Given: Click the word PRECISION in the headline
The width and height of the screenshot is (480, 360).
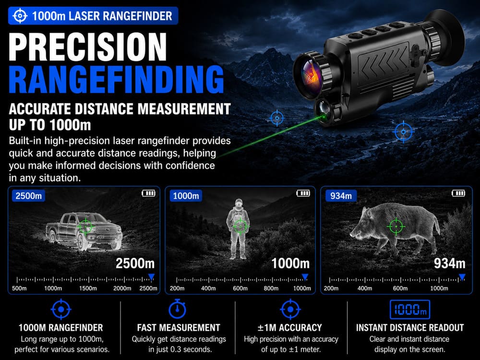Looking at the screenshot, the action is [88, 47].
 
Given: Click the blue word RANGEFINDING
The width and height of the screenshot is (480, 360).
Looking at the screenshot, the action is [116, 79].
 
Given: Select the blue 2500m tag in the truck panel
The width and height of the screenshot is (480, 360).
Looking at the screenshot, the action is [28, 196].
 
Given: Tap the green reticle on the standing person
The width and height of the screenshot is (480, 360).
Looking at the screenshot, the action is [240, 226].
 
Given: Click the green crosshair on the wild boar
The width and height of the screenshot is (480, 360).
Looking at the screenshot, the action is [396, 227].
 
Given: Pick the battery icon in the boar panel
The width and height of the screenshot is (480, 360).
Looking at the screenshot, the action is [458, 193].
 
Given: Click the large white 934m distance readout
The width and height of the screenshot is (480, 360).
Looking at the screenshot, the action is [449, 264].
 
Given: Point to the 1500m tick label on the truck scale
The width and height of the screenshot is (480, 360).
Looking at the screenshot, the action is [88, 288].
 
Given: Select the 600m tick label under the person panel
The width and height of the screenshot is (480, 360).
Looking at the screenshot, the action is [240, 288].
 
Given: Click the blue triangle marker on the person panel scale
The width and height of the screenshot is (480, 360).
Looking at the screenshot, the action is [305, 277].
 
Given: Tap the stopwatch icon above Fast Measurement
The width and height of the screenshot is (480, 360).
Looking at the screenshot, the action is [177, 309].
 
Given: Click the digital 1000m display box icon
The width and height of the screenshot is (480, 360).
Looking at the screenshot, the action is [409, 310].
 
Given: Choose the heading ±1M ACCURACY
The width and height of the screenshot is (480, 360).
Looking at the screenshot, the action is [289, 328].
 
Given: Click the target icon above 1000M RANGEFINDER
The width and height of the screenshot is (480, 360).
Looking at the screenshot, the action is [61, 309].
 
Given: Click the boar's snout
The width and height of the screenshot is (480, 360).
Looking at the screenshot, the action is [352, 235].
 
